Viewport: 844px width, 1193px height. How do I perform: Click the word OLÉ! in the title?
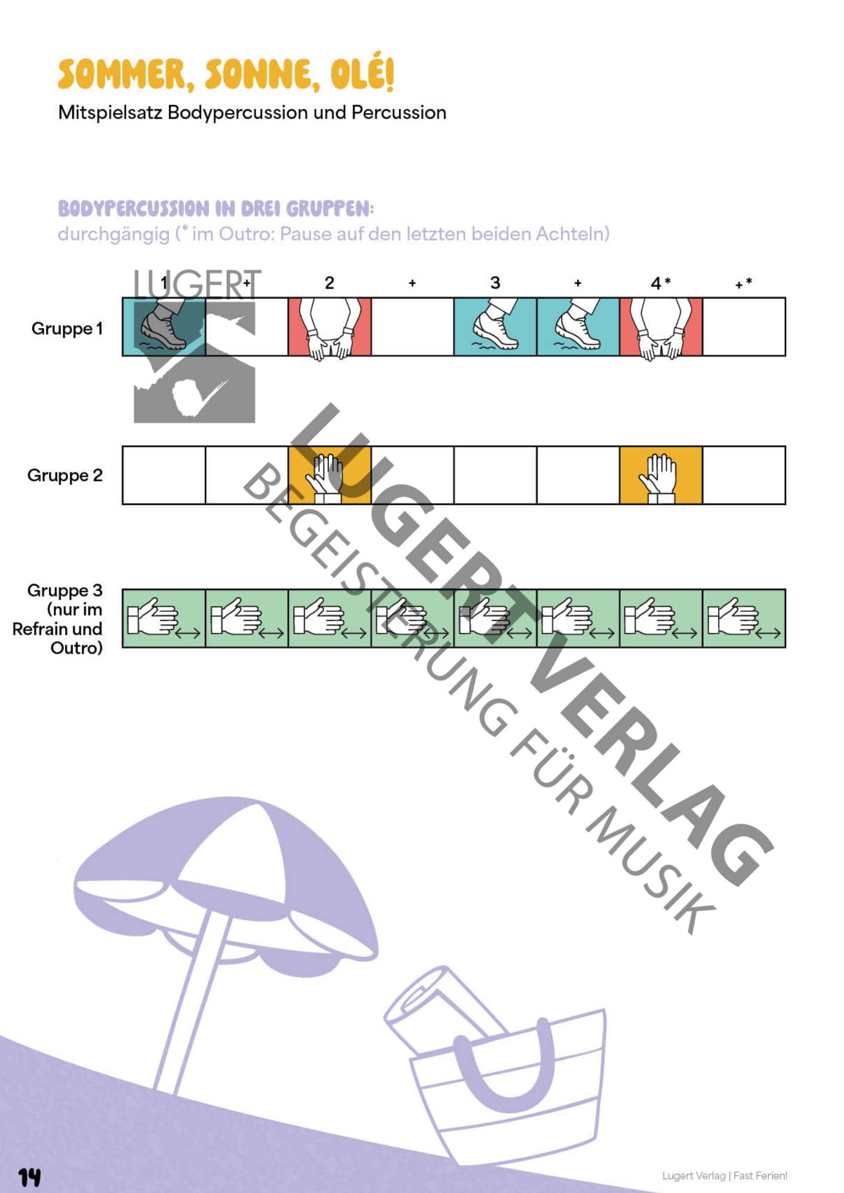pos(362,74)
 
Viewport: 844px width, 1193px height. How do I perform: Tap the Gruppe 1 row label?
pos(67,328)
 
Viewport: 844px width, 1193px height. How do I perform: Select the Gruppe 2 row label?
pos(65,475)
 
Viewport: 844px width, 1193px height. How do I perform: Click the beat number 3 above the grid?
pos(495,283)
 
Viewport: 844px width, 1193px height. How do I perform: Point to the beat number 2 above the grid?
pos(329,283)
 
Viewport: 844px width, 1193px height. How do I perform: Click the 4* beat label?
pos(660,283)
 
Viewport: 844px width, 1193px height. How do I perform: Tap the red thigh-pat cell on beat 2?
pos(329,327)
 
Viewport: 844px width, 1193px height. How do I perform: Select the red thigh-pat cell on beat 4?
pos(661,327)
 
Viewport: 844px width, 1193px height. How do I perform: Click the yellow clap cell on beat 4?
pos(661,475)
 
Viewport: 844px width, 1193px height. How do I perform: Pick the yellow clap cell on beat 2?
pos(329,475)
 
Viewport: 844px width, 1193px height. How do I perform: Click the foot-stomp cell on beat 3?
pos(495,327)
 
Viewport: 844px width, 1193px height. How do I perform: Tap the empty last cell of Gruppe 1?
pos(744,327)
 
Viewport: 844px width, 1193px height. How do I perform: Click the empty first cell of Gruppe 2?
pos(164,475)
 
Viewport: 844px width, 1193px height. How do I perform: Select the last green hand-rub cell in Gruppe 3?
pos(744,619)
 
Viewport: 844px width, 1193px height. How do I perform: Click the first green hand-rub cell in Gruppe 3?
pos(164,619)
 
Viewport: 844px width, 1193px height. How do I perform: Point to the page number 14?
pos(29,1177)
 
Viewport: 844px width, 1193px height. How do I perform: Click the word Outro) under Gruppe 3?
pos(76,648)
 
